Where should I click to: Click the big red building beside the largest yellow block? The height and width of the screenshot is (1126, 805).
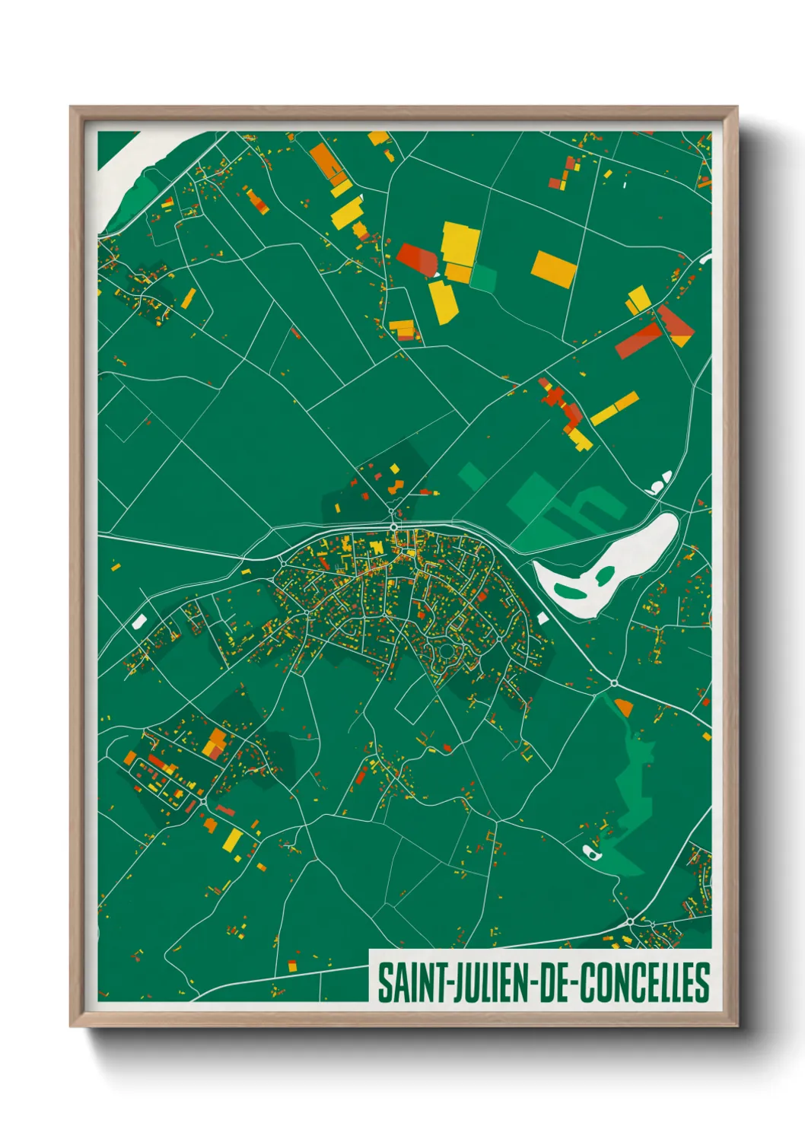click(417, 259)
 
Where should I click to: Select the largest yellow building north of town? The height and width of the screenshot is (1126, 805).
click(460, 243)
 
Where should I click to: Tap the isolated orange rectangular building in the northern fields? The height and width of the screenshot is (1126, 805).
click(554, 269)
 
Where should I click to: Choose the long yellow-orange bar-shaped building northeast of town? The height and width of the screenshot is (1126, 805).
click(614, 409)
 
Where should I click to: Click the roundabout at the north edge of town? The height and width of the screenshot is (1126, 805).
click(393, 526)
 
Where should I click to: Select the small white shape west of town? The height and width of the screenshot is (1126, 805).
click(138, 622)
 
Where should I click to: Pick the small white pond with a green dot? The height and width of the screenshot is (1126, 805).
click(591, 851)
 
